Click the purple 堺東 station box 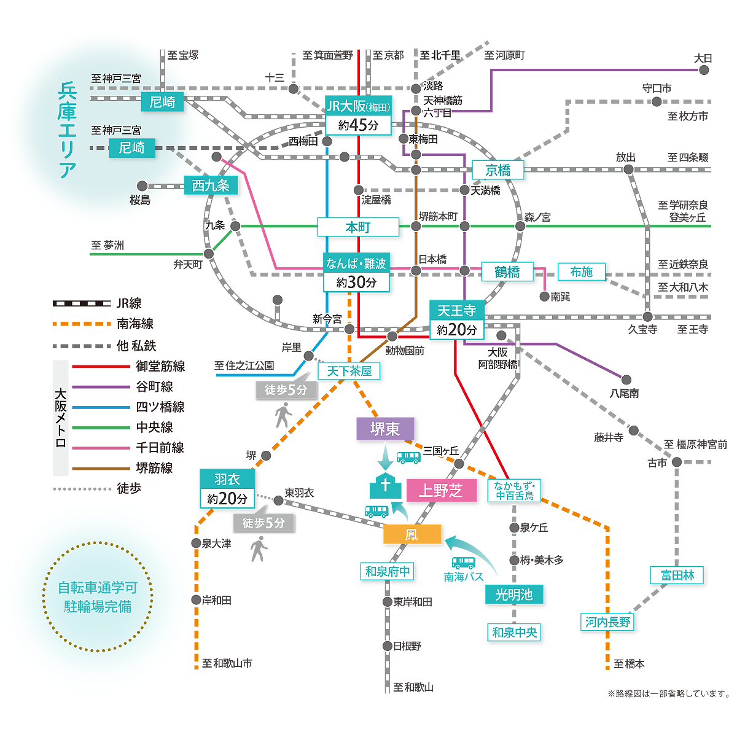[x=384, y=428]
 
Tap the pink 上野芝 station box [x=442, y=490]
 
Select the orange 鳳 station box [x=412, y=534]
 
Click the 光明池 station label [x=513, y=595]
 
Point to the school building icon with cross [x=385, y=486]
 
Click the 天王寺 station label [x=457, y=310]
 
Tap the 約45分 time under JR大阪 [x=358, y=125]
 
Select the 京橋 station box [x=497, y=170]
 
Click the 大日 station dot [x=704, y=70]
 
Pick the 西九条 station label [x=211, y=185]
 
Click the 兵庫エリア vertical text [x=68, y=130]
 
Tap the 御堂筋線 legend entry [x=128, y=366]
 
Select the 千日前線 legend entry [x=128, y=448]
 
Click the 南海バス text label [x=463, y=576]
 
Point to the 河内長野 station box [x=607, y=622]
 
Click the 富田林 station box [x=677, y=575]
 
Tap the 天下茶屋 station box [x=349, y=371]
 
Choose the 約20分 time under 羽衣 [x=227, y=498]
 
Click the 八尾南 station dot [x=626, y=380]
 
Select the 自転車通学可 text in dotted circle [x=98, y=588]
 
